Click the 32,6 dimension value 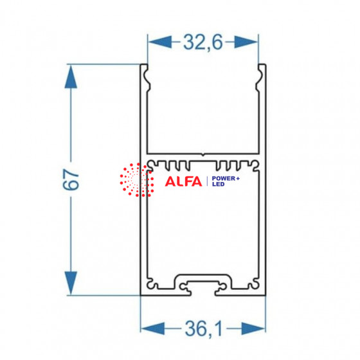203,42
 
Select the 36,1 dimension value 204,328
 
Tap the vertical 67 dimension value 71,179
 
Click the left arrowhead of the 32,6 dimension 160,42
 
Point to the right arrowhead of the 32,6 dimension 246,42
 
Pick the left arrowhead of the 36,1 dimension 153,328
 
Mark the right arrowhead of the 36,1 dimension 253,328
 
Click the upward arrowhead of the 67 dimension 71,76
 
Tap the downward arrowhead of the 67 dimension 71,283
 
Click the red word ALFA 183,181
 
